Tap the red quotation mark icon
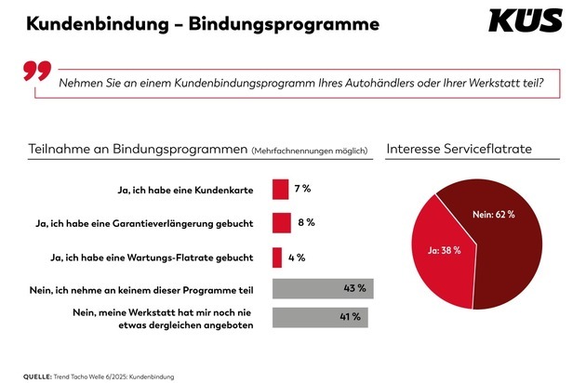[x=35, y=73]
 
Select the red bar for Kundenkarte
[x=280, y=190]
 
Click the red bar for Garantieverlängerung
[x=281, y=223]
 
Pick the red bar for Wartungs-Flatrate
[x=277, y=257]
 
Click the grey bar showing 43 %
[x=322, y=289]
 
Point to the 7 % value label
[x=301, y=190]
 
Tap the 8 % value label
[x=305, y=223]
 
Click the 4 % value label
[x=297, y=257]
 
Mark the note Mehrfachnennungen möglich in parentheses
[x=311, y=150]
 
